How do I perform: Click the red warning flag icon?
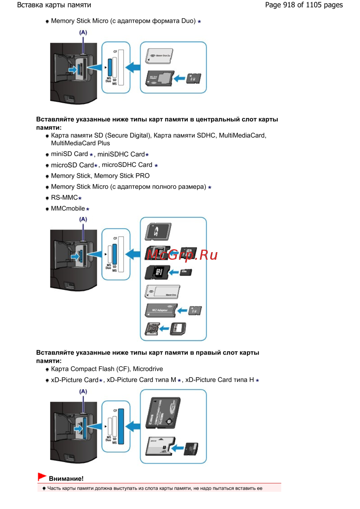point(42,477)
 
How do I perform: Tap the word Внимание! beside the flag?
point(66,479)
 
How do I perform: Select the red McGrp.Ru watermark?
point(182,255)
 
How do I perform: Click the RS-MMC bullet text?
point(64,198)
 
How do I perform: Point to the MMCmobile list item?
point(68,209)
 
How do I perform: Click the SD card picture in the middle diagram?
point(158,231)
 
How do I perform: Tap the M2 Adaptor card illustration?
point(161,310)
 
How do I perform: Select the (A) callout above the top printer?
point(83,32)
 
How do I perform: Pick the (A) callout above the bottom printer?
point(83,391)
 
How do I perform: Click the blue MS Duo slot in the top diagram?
point(110,67)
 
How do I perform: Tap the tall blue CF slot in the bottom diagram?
point(121,426)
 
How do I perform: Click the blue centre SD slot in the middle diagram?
point(114,254)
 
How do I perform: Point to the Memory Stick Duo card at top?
point(159,56)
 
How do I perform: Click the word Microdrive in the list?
point(148,369)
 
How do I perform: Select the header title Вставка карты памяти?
point(54,5)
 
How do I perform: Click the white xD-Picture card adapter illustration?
point(160,446)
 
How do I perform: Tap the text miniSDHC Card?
point(121,154)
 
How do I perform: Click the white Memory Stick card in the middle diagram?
point(162,292)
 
